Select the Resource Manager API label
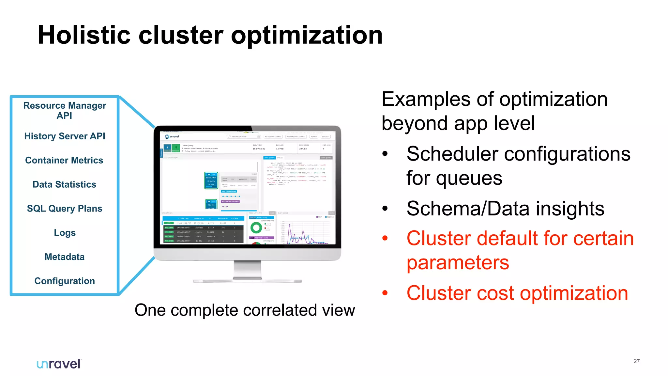(x=65, y=110)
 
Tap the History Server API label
(x=65, y=136)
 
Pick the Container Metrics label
(x=64, y=160)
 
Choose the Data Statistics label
(x=64, y=184)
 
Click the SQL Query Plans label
(x=65, y=209)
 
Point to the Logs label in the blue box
(x=65, y=233)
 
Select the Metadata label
(x=65, y=257)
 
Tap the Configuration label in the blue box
(x=65, y=281)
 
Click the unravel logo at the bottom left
(x=59, y=364)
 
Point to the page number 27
(x=636, y=361)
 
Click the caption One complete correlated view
(x=245, y=310)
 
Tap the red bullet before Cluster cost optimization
(x=385, y=293)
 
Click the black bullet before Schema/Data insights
(x=385, y=208)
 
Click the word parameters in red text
(x=458, y=262)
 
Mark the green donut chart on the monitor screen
(x=256, y=227)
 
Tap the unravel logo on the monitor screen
(x=172, y=136)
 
